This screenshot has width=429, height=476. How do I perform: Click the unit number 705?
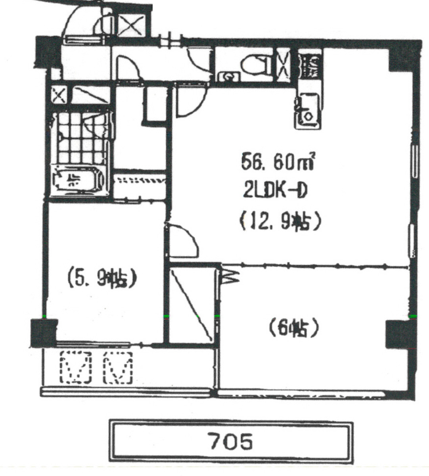230,441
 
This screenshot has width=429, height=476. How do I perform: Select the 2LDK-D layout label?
276,192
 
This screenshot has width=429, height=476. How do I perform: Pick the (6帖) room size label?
294,328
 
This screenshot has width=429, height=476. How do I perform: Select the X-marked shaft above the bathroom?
59,95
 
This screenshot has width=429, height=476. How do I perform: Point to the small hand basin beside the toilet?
229,75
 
